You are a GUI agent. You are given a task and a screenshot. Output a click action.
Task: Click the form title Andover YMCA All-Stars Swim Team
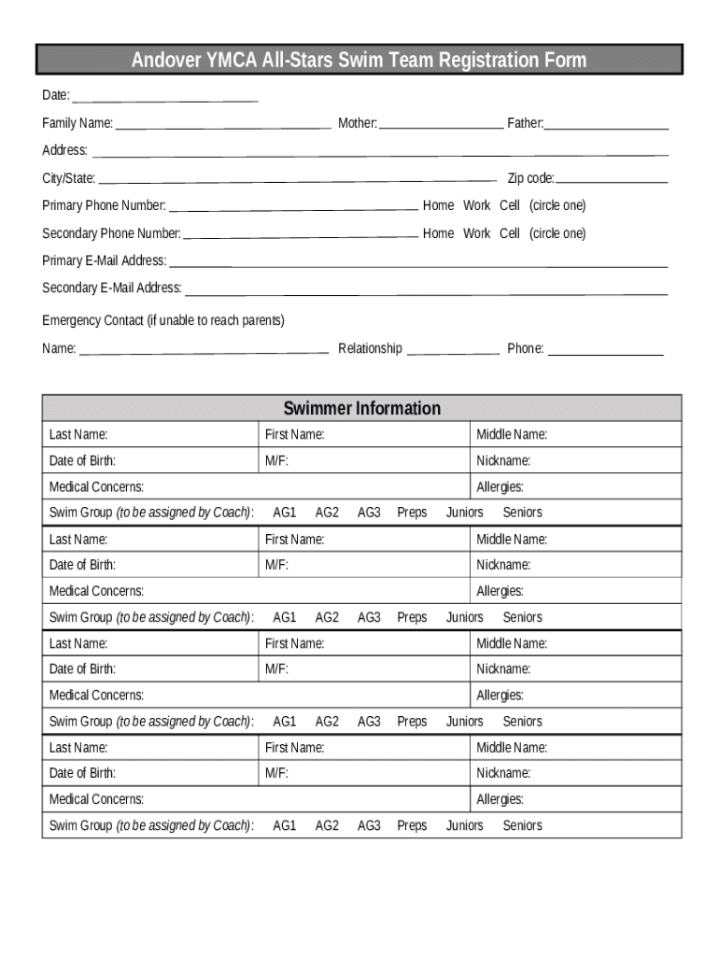[359, 61]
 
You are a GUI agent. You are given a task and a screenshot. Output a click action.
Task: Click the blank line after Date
[165, 98]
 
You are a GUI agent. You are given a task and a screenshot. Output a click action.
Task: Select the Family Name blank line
[223, 125]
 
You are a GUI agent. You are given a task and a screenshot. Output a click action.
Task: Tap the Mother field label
[358, 123]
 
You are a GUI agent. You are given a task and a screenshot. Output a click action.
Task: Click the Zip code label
[530, 178]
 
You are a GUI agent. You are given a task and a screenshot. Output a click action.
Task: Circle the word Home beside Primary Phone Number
[438, 205]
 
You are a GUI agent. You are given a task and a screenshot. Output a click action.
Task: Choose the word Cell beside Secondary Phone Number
[510, 233]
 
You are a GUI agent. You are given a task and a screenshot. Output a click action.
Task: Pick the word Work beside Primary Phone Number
[476, 205]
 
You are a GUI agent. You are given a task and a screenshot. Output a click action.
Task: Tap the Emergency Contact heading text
[163, 320]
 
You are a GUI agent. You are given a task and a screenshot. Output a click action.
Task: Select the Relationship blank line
[453, 352]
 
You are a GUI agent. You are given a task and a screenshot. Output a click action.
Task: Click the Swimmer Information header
[361, 408]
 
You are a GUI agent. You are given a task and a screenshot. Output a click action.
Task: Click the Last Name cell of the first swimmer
[149, 434]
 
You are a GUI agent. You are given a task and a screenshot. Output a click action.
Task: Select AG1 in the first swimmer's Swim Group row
[284, 513]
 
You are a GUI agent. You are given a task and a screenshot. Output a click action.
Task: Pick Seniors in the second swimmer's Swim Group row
[522, 617]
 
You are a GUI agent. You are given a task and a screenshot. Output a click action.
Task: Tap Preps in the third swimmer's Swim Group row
[412, 722]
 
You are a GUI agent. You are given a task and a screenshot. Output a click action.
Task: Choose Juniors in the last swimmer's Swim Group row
[465, 825]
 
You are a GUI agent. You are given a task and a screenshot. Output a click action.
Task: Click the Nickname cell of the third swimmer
[575, 669]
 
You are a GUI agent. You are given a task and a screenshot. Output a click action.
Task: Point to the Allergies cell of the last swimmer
[575, 799]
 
